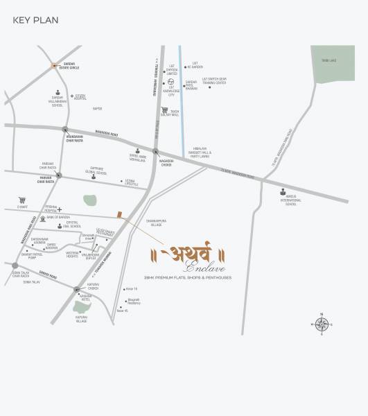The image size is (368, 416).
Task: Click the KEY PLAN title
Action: tap(35, 19)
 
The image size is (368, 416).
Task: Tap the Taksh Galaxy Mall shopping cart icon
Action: tap(164, 110)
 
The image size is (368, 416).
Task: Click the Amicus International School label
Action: tap(292, 202)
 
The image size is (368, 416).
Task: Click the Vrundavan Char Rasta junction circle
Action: tap(64, 130)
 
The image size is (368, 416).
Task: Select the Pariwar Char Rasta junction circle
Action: tap(59, 175)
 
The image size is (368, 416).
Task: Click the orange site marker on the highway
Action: tap(119, 215)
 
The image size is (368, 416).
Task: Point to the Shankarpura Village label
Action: tap(155, 225)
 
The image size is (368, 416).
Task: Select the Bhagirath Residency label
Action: tap(133, 302)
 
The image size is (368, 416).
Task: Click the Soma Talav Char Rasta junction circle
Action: tap(15, 265)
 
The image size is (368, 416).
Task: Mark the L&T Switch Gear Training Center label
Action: tap(215, 80)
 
